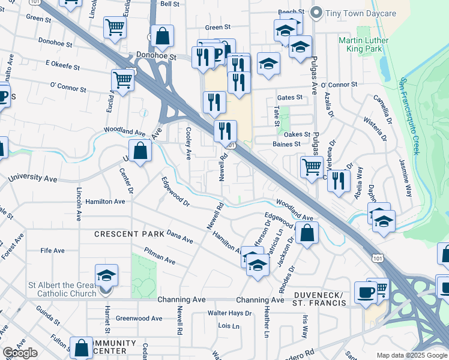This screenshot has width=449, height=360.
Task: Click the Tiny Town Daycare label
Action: pos(360,13)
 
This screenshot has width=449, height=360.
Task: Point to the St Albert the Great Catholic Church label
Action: pos(62,289)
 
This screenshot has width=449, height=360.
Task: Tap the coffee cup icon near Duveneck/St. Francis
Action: pos(364,292)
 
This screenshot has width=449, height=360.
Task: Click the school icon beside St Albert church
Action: pos(106,275)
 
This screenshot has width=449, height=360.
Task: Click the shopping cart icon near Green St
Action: pos(114,26)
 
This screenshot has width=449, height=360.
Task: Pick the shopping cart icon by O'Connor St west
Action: pos(122,80)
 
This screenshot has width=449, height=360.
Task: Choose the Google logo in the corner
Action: pos(20,353)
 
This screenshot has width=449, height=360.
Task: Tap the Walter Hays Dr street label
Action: pos(229,313)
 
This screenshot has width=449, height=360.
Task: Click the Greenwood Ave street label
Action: pos(139,319)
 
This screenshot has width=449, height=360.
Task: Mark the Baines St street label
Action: pos(286,144)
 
